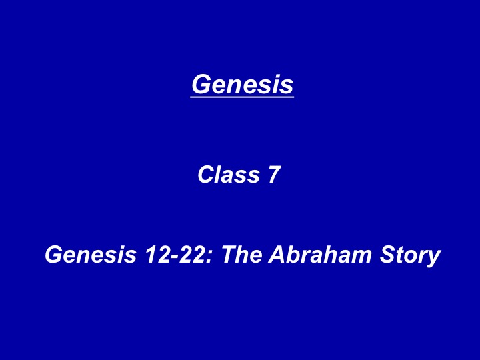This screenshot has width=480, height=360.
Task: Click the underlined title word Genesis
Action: [242, 84]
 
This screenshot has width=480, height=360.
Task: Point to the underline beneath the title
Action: [242, 97]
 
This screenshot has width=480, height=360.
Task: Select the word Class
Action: [229, 175]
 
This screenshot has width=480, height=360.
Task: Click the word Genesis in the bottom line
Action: [91, 255]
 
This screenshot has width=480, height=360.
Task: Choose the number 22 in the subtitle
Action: [191, 255]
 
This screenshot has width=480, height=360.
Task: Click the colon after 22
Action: [209, 257]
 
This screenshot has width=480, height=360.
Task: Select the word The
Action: [242, 255]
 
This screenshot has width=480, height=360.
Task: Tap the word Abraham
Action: [320, 255]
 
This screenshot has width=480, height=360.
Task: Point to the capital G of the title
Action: [203, 84]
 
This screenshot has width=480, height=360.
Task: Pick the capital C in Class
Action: [208, 175]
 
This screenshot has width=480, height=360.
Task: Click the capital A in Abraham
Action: [278, 255]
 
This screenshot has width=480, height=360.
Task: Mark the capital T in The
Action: [229, 255]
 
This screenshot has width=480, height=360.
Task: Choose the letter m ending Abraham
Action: [361, 257]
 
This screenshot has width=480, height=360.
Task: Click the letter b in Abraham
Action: [295, 255]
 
